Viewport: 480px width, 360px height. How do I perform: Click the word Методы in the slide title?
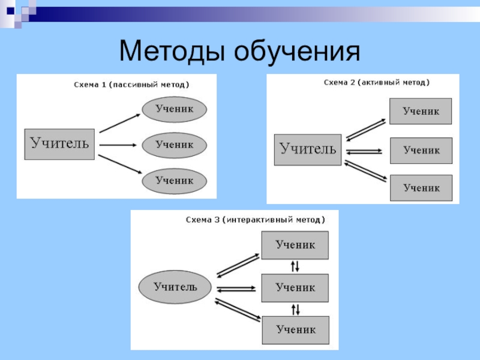(x=172, y=52)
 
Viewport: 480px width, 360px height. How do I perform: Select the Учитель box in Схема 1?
(x=59, y=144)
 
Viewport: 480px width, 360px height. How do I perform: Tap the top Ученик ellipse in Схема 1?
(x=175, y=109)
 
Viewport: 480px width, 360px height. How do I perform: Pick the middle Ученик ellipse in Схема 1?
(x=175, y=145)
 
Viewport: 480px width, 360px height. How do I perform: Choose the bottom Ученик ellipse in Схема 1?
(x=175, y=180)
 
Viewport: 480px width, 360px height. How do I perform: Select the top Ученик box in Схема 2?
(x=421, y=112)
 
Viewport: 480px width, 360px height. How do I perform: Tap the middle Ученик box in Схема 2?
(x=421, y=151)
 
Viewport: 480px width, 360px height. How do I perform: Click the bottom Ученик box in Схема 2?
(x=421, y=188)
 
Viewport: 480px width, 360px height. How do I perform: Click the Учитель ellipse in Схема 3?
(x=175, y=287)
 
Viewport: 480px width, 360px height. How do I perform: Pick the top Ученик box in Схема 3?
(x=295, y=245)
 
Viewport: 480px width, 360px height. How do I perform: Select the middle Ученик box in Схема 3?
(x=295, y=287)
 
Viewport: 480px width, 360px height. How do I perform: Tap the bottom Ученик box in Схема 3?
(x=295, y=329)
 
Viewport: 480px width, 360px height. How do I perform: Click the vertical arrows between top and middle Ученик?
(x=295, y=266)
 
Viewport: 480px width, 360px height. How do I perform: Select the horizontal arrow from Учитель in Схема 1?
(x=117, y=145)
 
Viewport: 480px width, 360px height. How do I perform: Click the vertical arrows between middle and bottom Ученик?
(x=295, y=309)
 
